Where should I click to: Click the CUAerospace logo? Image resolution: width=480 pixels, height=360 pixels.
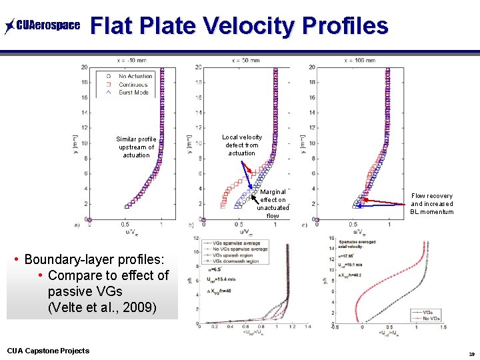[42, 26]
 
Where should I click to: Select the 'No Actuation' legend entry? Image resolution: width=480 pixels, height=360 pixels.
[135, 77]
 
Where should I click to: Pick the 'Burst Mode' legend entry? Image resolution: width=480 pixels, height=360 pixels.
[133, 93]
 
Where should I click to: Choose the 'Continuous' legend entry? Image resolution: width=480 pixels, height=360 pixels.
[133, 85]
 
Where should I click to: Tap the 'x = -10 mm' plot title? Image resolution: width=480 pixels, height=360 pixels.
[131, 60]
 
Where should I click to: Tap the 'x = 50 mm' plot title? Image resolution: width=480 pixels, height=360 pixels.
[246, 60]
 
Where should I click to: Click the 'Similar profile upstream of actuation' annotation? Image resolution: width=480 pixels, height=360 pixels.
[136, 147]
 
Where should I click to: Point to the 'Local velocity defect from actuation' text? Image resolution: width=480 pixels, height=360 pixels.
[242, 145]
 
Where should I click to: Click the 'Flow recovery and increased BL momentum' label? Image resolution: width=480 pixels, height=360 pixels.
[431, 204]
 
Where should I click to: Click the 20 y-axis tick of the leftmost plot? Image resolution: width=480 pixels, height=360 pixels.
[84, 67]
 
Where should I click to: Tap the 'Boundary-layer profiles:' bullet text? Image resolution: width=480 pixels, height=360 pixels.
[93, 259]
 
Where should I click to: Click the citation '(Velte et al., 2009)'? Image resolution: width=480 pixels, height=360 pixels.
[102, 307]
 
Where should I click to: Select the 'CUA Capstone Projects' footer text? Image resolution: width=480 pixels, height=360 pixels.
[48, 351]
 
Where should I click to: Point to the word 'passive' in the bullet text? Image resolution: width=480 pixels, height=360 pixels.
[71, 291]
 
